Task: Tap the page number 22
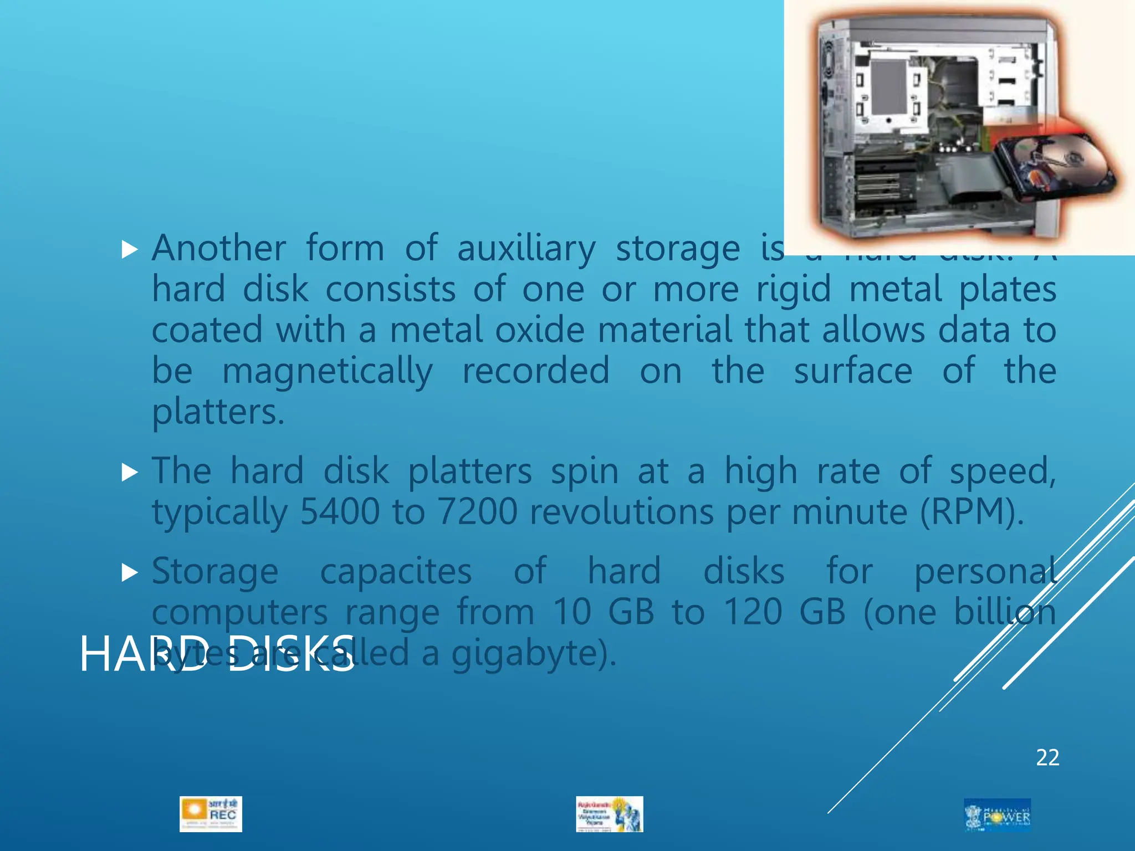[x=1047, y=757]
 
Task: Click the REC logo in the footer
[x=211, y=814]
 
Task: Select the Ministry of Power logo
[x=997, y=815]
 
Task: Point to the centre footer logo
[x=610, y=814]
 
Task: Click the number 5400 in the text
[x=339, y=511]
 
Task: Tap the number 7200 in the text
[x=477, y=511]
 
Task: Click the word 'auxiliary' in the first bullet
[x=526, y=248]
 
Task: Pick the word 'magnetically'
[x=327, y=371]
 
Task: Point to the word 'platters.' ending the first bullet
[x=218, y=413]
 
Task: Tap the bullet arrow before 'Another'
[x=130, y=250]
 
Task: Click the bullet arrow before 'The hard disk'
[x=130, y=472]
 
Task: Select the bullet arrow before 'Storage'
[x=130, y=572]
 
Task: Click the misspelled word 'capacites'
[x=396, y=572]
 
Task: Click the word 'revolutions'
[x=621, y=511]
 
